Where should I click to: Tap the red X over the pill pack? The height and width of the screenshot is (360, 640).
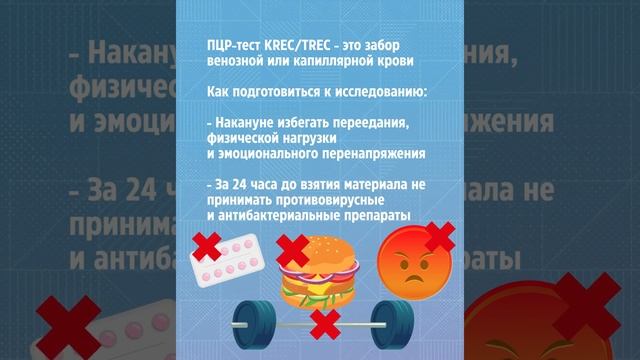(x=206, y=245)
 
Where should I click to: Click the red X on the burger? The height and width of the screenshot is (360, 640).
(x=292, y=248)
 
